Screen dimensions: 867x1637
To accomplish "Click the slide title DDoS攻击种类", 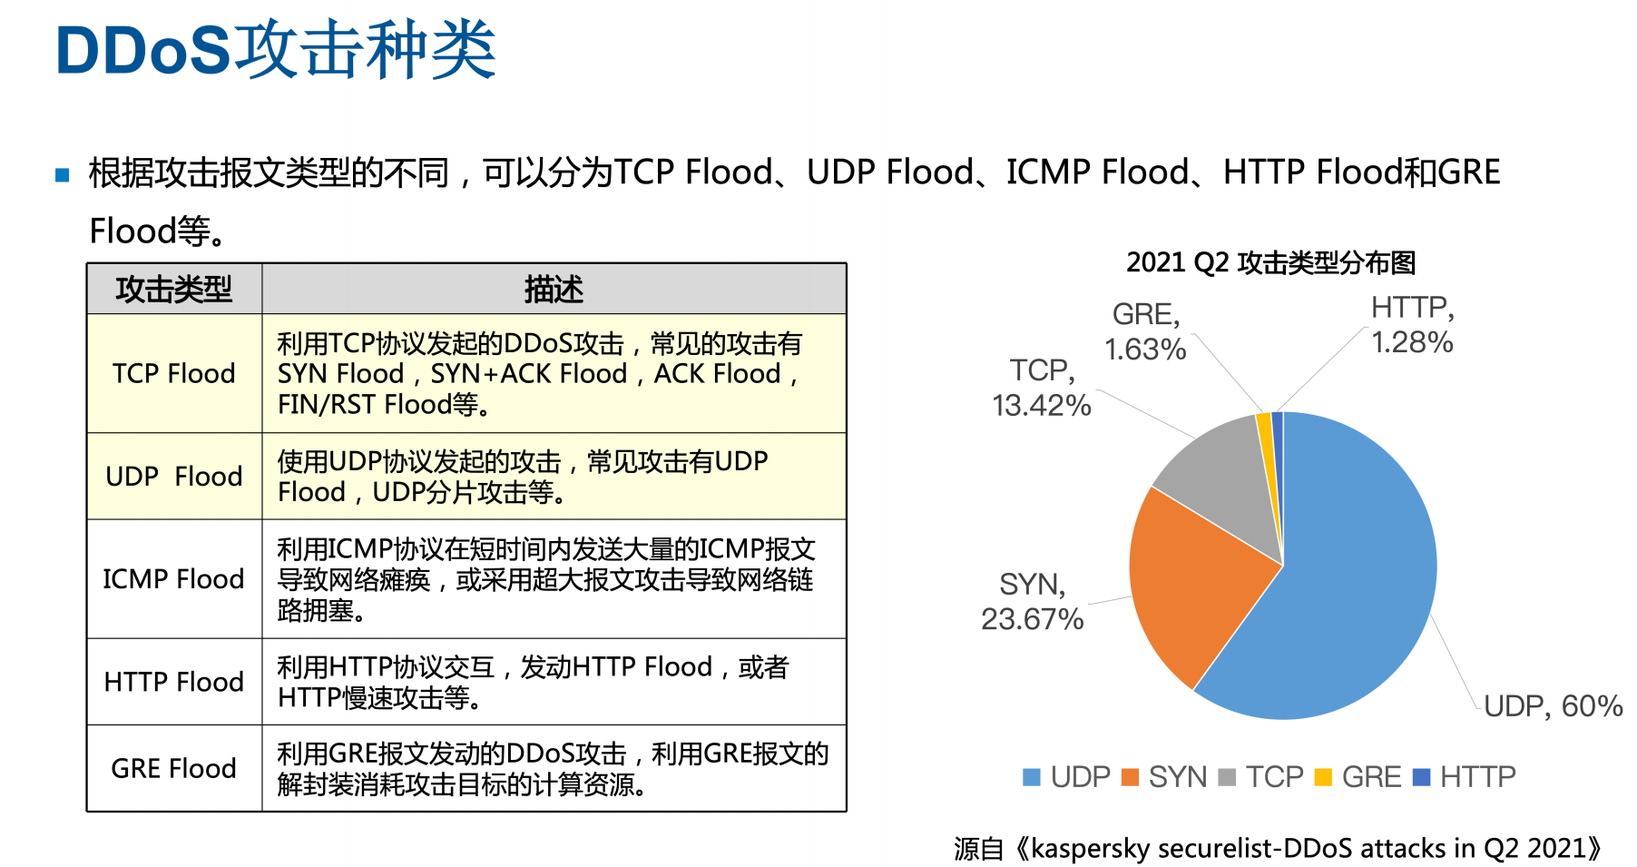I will (x=275, y=50).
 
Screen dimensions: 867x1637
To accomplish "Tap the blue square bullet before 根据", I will (x=63, y=174).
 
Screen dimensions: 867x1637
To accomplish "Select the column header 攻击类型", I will (x=174, y=290).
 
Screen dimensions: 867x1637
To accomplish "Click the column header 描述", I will (x=554, y=290).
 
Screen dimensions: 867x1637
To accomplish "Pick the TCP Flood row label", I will (x=174, y=373).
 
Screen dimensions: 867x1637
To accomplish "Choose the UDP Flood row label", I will (x=174, y=477).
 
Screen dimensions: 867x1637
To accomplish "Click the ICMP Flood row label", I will (x=174, y=579).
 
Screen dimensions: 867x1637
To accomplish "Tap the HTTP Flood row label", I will (x=174, y=682).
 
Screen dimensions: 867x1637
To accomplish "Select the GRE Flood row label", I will (x=174, y=768).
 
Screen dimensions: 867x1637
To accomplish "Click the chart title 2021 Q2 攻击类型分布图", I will (x=1270, y=263).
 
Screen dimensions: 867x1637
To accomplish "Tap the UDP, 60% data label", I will (x=1553, y=706).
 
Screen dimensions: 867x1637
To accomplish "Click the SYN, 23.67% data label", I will (x=1033, y=602).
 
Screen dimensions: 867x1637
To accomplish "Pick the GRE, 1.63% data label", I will (x=1145, y=331).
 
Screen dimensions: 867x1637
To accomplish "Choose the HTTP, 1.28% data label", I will (x=1412, y=325).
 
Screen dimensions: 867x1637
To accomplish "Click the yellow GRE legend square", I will (x=1323, y=777).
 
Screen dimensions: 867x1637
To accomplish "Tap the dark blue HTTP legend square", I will (x=1422, y=777).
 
